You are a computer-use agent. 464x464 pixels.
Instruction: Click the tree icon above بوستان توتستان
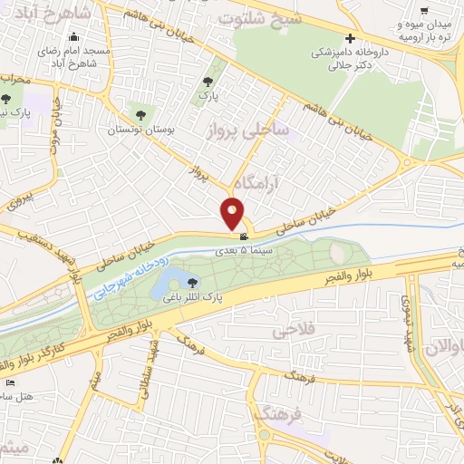(140, 114)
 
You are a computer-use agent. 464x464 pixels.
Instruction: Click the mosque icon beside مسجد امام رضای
(73, 37)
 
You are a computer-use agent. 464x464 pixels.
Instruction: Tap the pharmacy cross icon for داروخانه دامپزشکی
(349, 39)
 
